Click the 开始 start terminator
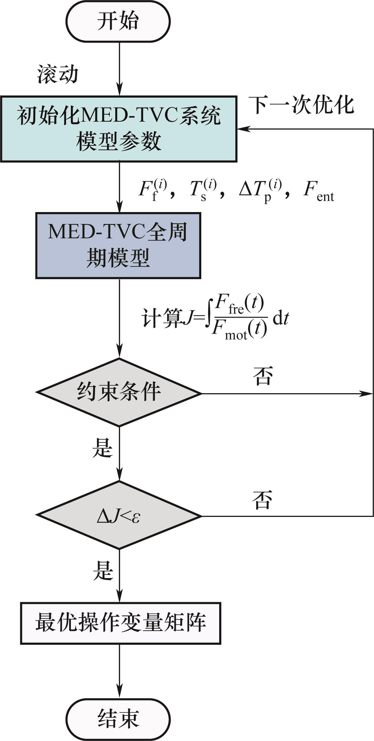(118, 21)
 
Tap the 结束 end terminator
(118, 719)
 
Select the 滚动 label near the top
(58, 74)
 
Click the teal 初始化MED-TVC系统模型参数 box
(119, 129)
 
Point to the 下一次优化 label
(301, 105)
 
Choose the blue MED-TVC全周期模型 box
(118, 245)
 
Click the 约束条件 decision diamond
(119, 392)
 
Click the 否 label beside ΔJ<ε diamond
(262, 499)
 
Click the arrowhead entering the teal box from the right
(243, 129)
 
